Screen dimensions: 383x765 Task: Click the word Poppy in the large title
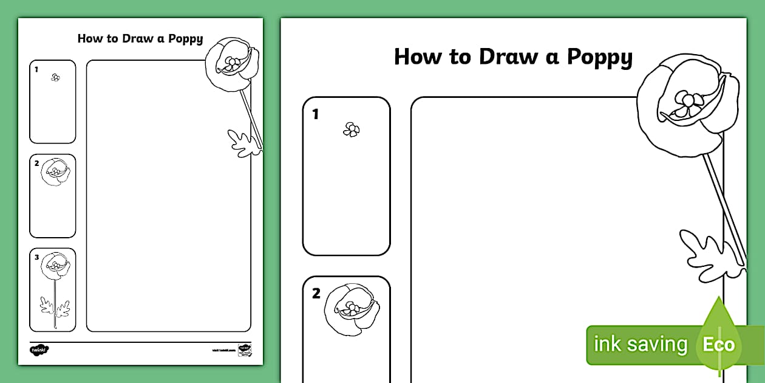pyautogui.click(x=599, y=58)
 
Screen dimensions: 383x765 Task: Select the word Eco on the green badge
pyautogui.click(x=719, y=345)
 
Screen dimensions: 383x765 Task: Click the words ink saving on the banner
pyautogui.click(x=640, y=345)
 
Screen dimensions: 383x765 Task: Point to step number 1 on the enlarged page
pyautogui.click(x=315, y=114)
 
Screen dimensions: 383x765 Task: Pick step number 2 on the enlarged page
pyautogui.click(x=316, y=294)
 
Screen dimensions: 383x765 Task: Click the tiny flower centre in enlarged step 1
pyautogui.click(x=351, y=129)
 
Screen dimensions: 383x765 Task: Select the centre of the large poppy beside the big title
pyautogui.click(x=687, y=101)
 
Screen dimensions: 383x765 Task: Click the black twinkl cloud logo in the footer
pyautogui.click(x=39, y=350)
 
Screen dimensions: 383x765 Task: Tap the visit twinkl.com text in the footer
pyautogui.click(x=223, y=350)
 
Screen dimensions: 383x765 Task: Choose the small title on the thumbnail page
pyautogui.click(x=140, y=39)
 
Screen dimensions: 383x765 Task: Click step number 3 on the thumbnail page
pyautogui.click(x=36, y=257)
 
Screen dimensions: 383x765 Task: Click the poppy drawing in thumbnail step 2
pyautogui.click(x=55, y=172)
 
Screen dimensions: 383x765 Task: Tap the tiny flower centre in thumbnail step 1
pyautogui.click(x=55, y=77)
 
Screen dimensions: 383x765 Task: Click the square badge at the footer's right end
pyautogui.click(x=244, y=350)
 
